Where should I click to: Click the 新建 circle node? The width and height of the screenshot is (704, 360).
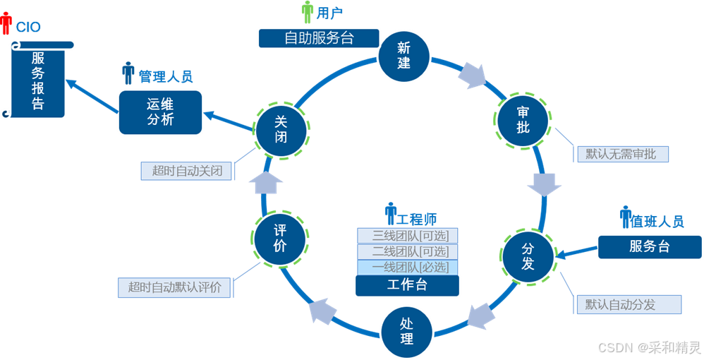(x=403, y=56)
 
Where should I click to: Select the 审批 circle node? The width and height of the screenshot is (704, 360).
(x=523, y=119)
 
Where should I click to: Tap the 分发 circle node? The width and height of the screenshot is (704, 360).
(x=528, y=257)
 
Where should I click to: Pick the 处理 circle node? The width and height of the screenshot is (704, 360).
(x=406, y=331)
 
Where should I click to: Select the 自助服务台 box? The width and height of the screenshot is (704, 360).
(x=319, y=37)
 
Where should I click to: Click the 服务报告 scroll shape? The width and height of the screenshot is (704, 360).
(x=38, y=80)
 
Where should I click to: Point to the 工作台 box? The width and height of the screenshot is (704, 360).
(x=407, y=285)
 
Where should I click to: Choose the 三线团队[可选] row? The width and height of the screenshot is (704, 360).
(x=407, y=235)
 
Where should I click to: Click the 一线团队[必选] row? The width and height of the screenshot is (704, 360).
(x=407, y=267)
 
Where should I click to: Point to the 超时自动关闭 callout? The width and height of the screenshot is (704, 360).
(x=187, y=171)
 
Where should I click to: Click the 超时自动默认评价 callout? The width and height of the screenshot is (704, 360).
(x=175, y=287)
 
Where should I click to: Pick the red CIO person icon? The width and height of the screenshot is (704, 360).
(x=6, y=24)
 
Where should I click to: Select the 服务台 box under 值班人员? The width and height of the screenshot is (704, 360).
(x=650, y=246)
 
